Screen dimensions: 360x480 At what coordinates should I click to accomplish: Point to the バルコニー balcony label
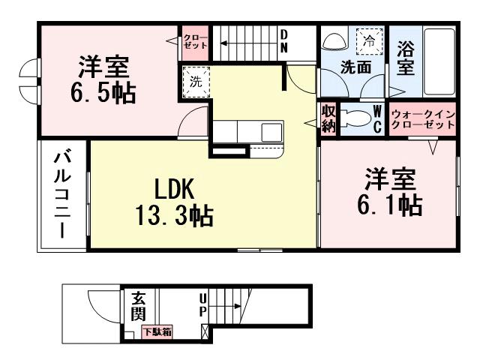[x=62, y=193]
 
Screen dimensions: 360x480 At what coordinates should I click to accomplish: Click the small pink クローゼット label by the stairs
[x=193, y=40]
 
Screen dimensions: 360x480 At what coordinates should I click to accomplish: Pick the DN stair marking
[x=285, y=40]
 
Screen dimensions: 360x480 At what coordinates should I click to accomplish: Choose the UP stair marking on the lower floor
[x=202, y=308]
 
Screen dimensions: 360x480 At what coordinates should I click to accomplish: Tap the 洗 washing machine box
[x=195, y=82]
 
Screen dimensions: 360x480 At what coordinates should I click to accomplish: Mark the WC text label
[x=379, y=118]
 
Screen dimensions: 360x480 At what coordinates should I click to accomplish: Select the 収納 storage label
[x=328, y=118]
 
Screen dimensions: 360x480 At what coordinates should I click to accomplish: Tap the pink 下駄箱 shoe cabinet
[x=157, y=331]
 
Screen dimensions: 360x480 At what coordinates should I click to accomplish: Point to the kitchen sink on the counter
[x=271, y=131]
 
